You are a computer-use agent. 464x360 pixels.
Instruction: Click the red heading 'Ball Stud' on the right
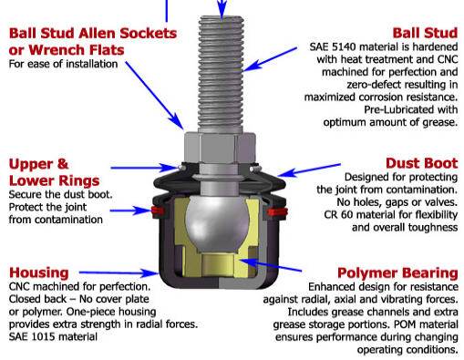425,33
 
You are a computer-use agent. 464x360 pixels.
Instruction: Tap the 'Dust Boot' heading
421,163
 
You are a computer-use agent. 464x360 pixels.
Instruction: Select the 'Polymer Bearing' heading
397,273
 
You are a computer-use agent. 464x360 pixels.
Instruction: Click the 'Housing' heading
39,273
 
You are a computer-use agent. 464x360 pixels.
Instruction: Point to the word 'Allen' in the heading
98,33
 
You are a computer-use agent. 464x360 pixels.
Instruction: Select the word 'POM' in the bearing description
406,324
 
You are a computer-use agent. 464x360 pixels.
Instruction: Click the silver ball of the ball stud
217,221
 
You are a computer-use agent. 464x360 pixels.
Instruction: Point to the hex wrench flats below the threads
220,149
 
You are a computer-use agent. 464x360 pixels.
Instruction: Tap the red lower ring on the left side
158,211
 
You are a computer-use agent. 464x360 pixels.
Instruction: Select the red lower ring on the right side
277,211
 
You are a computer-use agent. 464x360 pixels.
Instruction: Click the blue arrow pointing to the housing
119,273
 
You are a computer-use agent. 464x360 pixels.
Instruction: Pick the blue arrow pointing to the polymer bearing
271,264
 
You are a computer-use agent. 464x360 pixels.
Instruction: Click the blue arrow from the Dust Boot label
309,170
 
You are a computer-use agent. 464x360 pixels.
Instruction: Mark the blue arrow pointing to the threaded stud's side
270,59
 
